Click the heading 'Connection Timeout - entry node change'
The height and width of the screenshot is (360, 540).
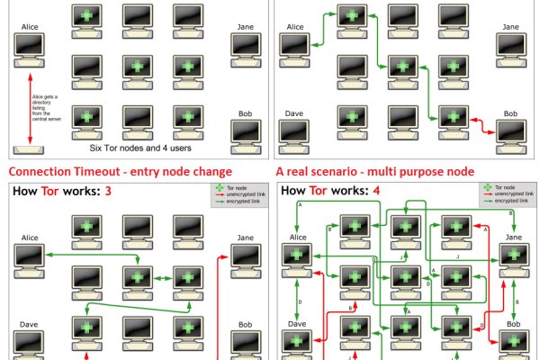(120, 171)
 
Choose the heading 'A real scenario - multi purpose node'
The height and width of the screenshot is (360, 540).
(375, 171)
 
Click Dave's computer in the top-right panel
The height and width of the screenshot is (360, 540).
(294, 133)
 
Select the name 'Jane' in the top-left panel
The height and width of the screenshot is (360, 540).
(245, 27)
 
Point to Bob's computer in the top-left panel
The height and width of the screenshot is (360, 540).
(245, 132)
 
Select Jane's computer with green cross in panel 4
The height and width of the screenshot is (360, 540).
(515, 257)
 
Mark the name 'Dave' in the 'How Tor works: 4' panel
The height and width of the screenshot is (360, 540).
(297, 323)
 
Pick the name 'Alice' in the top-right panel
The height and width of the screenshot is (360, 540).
(295, 27)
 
